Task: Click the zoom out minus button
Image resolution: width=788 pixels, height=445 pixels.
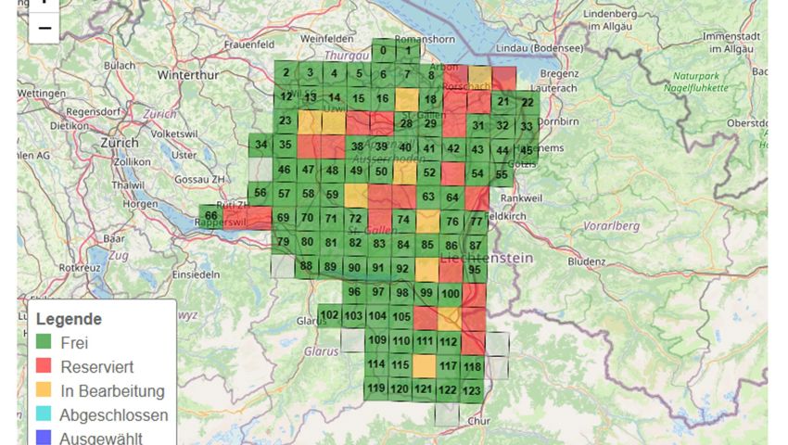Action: (44, 29)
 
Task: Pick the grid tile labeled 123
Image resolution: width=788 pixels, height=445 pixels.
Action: (472, 391)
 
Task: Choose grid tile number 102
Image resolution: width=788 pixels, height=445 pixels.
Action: (329, 315)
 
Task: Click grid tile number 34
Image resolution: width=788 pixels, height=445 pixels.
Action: (261, 145)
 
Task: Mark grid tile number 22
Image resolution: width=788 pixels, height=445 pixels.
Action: (527, 103)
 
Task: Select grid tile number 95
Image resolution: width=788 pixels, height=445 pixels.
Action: (474, 270)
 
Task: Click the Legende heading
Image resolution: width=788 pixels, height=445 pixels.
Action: (69, 319)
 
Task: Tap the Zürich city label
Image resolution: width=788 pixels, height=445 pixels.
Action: (119, 144)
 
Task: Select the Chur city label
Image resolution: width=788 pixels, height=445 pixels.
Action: (478, 421)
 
